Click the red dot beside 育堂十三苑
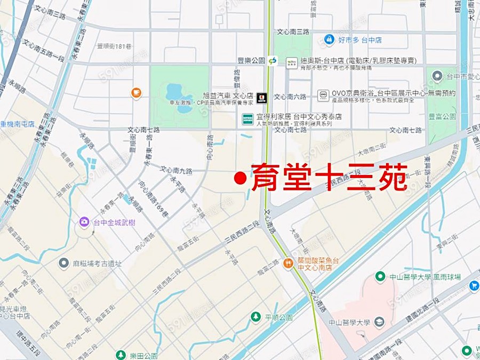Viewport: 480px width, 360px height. point(241,178)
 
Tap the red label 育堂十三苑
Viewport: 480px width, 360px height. point(329,178)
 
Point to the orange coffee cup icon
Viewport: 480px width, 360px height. point(137,93)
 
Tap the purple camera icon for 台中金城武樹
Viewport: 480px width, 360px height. point(84,222)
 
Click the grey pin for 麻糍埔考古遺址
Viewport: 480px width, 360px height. point(64,263)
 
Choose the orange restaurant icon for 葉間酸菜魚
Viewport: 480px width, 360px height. point(289,262)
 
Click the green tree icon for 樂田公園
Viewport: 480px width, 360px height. point(121,355)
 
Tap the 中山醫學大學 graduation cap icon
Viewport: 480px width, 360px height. point(379,322)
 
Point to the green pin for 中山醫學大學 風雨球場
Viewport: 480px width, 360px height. point(380,276)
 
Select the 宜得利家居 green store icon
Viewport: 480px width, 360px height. point(247,118)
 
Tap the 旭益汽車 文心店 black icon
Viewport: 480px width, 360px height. point(261,97)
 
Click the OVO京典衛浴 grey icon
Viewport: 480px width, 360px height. point(323,95)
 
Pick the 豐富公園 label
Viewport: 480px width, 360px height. point(442,116)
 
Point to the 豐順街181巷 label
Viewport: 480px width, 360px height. point(114,46)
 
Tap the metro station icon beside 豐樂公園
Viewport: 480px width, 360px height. point(273,61)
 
